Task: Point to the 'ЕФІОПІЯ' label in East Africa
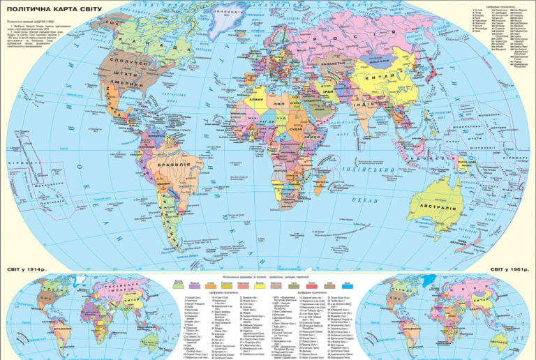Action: pyautogui.click(x=310, y=140)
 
